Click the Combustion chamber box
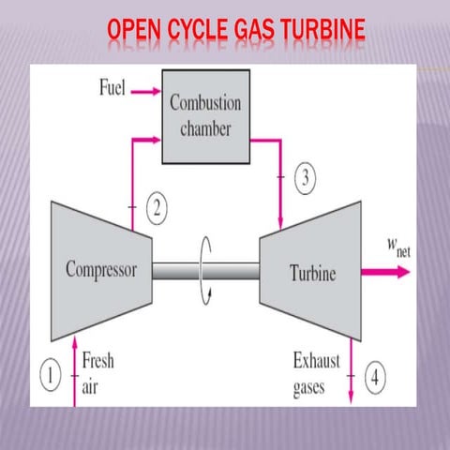[205, 113]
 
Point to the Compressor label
[100, 270]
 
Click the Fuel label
[114, 89]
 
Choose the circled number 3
[307, 178]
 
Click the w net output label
[397, 248]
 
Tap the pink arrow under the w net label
[389, 272]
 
